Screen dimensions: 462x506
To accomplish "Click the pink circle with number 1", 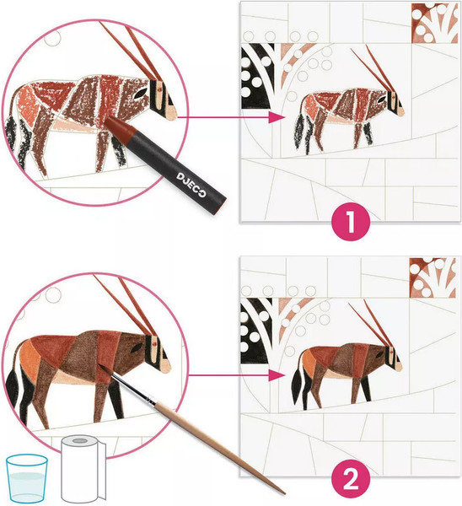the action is pos(351,222).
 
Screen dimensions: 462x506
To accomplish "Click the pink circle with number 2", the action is pos(351,480).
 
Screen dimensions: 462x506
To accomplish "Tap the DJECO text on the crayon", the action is pos(191,185).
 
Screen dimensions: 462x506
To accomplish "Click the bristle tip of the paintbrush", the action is pos(100,365).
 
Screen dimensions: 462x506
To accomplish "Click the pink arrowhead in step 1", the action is pos(277,117).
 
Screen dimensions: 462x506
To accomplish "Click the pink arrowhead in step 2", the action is pos(277,375).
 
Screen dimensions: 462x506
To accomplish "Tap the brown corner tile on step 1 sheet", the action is pos(435,24).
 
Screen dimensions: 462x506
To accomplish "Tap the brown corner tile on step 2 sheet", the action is pos(433,277).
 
